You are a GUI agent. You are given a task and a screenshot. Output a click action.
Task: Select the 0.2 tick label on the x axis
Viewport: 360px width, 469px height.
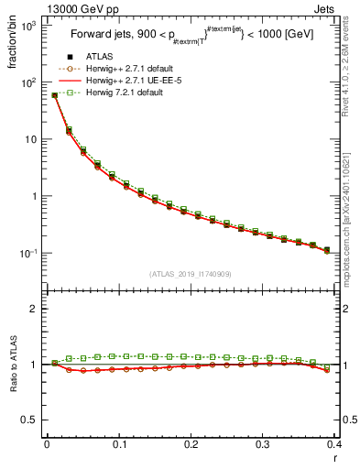pyautogui.click(x=191, y=445)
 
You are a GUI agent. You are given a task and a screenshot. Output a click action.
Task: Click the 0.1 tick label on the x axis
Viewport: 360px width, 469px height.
pyautogui.click(x=118, y=445)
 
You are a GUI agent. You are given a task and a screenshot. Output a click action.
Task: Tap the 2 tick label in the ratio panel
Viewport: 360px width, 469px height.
pyautogui.click(x=34, y=309)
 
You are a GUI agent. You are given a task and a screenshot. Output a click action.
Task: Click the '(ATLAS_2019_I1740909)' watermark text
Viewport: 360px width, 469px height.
pyautogui.click(x=190, y=274)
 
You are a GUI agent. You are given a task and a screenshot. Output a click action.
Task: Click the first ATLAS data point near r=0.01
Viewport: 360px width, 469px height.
pyautogui.click(x=54, y=94)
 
